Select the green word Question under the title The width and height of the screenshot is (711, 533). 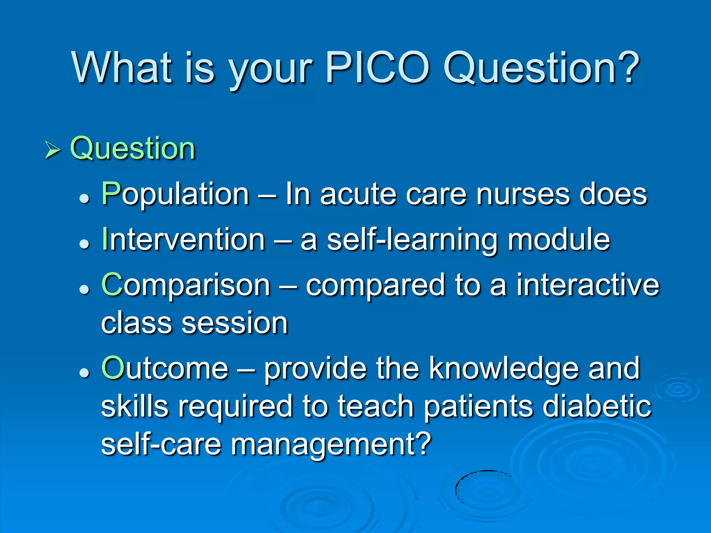click(x=133, y=149)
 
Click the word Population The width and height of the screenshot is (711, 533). click(x=175, y=194)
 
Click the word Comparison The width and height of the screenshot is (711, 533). click(x=186, y=285)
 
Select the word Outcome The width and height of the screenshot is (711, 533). click(x=165, y=369)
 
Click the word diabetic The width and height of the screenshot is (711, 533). click(x=597, y=407)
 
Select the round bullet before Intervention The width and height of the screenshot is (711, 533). click(x=84, y=244)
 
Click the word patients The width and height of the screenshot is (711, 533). click(x=478, y=407)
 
